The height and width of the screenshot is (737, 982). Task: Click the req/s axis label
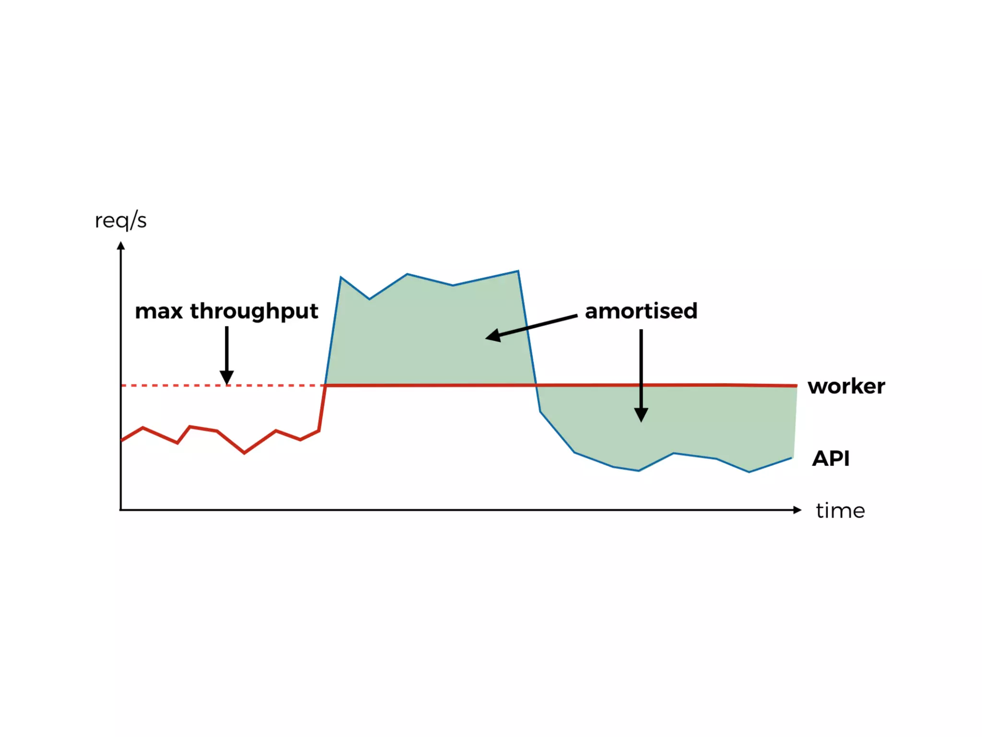[x=120, y=221]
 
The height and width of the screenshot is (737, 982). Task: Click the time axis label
[x=840, y=511]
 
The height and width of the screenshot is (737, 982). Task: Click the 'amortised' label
[x=641, y=311]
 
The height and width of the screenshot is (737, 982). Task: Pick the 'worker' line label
[x=846, y=386]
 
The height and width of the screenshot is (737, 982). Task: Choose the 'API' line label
[x=830, y=459]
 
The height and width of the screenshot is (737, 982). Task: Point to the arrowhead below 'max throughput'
[x=227, y=378]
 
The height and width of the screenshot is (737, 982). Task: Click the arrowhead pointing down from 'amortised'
[x=641, y=415]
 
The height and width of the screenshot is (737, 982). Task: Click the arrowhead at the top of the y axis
[x=121, y=246]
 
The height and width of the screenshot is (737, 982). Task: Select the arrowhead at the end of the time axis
[x=797, y=510]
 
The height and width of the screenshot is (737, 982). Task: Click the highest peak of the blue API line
[x=518, y=272]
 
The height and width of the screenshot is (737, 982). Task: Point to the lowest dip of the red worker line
[x=245, y=452]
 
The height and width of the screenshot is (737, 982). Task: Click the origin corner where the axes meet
[x=121, y=510]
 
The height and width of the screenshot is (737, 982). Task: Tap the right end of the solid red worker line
[x=796, y=385]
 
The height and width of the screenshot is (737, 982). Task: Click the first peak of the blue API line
[x=341, y=277]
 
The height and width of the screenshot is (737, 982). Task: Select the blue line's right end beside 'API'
[x=792, y=458]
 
